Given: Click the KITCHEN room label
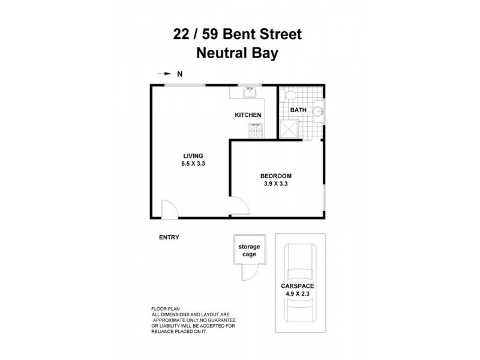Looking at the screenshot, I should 248,115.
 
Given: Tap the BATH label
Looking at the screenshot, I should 298,110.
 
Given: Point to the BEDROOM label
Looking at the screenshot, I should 275,176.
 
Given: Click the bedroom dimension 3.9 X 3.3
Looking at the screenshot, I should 275,184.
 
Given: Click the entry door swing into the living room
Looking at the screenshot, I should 169,209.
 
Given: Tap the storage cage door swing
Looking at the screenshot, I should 247,273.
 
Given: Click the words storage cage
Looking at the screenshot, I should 248,250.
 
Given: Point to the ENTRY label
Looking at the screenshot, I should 169,237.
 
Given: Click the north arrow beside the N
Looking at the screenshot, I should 163,74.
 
